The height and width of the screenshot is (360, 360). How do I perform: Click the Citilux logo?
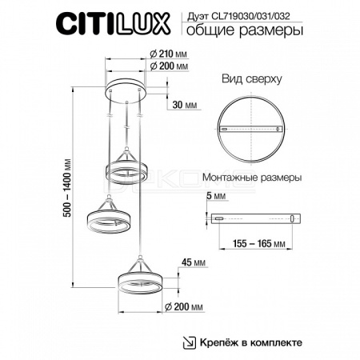click(114, 23)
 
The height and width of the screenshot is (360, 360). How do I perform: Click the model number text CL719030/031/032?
click(250, 17)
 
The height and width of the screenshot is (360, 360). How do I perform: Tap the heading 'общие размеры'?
click(245, 30)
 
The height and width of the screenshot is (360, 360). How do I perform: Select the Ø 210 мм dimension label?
click(168, 54)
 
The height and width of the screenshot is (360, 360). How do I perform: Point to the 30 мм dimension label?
click(185, 105)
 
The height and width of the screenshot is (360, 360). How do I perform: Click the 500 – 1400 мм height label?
click(68, 188)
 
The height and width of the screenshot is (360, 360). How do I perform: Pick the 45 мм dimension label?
click(194, 262)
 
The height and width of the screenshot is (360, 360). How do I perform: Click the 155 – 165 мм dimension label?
click(259, 243)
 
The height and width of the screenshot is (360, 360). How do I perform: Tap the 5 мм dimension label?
click(216, 196)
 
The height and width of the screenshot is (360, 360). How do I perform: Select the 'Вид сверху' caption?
click(252, 79)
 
